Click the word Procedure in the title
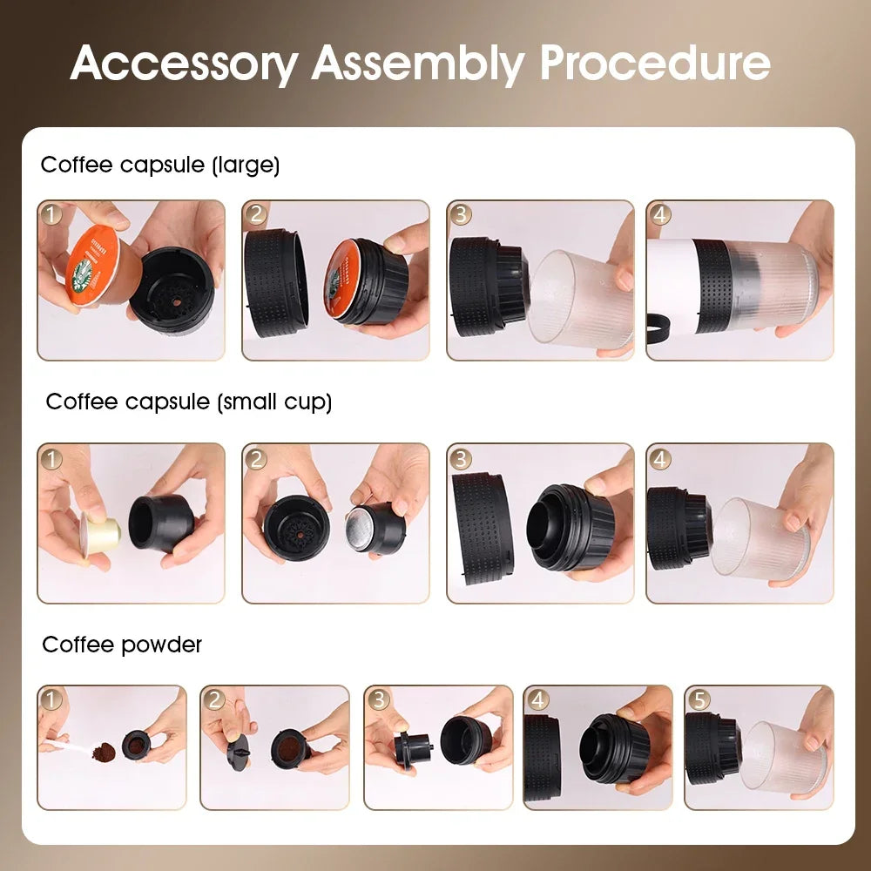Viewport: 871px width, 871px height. click(x=654, y=64)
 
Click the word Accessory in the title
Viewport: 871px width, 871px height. click(x=183, y=64)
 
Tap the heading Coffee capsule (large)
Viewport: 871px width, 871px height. click(x=160, y=165)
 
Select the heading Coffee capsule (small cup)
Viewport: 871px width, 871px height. click(x=189, y=402)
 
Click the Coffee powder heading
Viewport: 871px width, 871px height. click(x=122, y=645)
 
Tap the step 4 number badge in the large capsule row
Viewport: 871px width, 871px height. click(x=659, y=214)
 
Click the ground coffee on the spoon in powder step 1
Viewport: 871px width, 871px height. click(x=103, y=750)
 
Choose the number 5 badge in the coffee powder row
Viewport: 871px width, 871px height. click(x=697, y=699)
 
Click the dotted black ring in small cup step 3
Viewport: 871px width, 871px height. click(x=482, y=528)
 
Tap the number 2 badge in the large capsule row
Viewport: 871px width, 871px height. click(x=255, y=214)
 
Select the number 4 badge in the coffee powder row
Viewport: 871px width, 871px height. click(x=537, y=699)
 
